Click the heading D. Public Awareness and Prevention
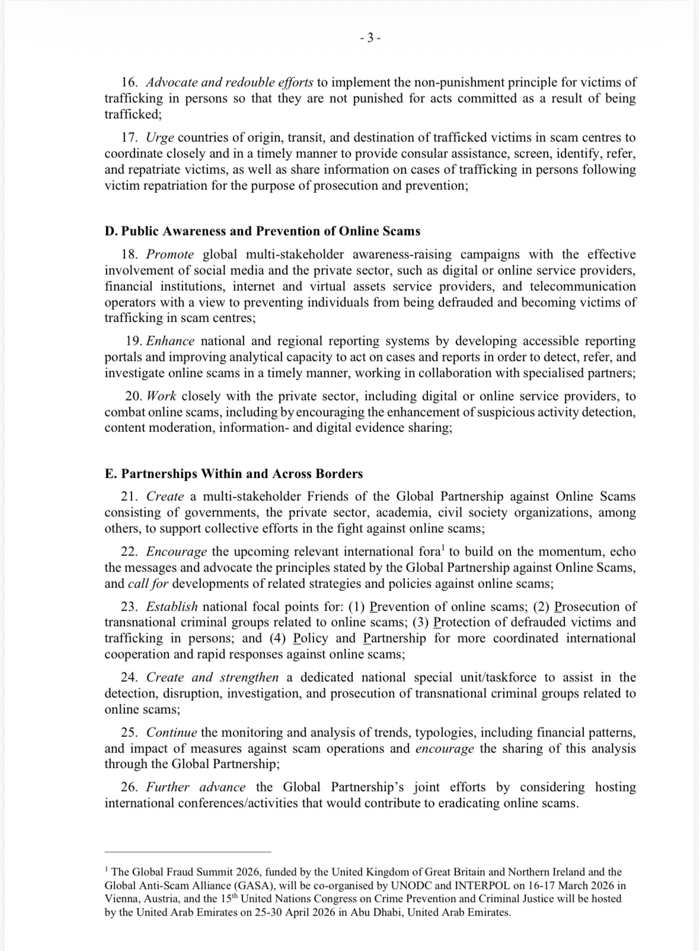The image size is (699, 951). (262, 231)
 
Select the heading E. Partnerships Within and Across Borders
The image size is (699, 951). (234, 474)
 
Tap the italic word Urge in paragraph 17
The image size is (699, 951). (159, 138)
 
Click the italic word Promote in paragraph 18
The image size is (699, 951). (170, 255)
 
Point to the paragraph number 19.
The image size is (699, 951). (134, 341)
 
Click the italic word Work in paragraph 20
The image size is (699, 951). (161, 396)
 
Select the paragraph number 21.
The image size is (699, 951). (129, 497)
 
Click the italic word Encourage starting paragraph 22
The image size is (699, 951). (177, 552)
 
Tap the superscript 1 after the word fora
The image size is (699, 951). (443, 548)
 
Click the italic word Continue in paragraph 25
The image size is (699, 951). (173, 733)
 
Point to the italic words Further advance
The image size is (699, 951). (196, 788)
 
